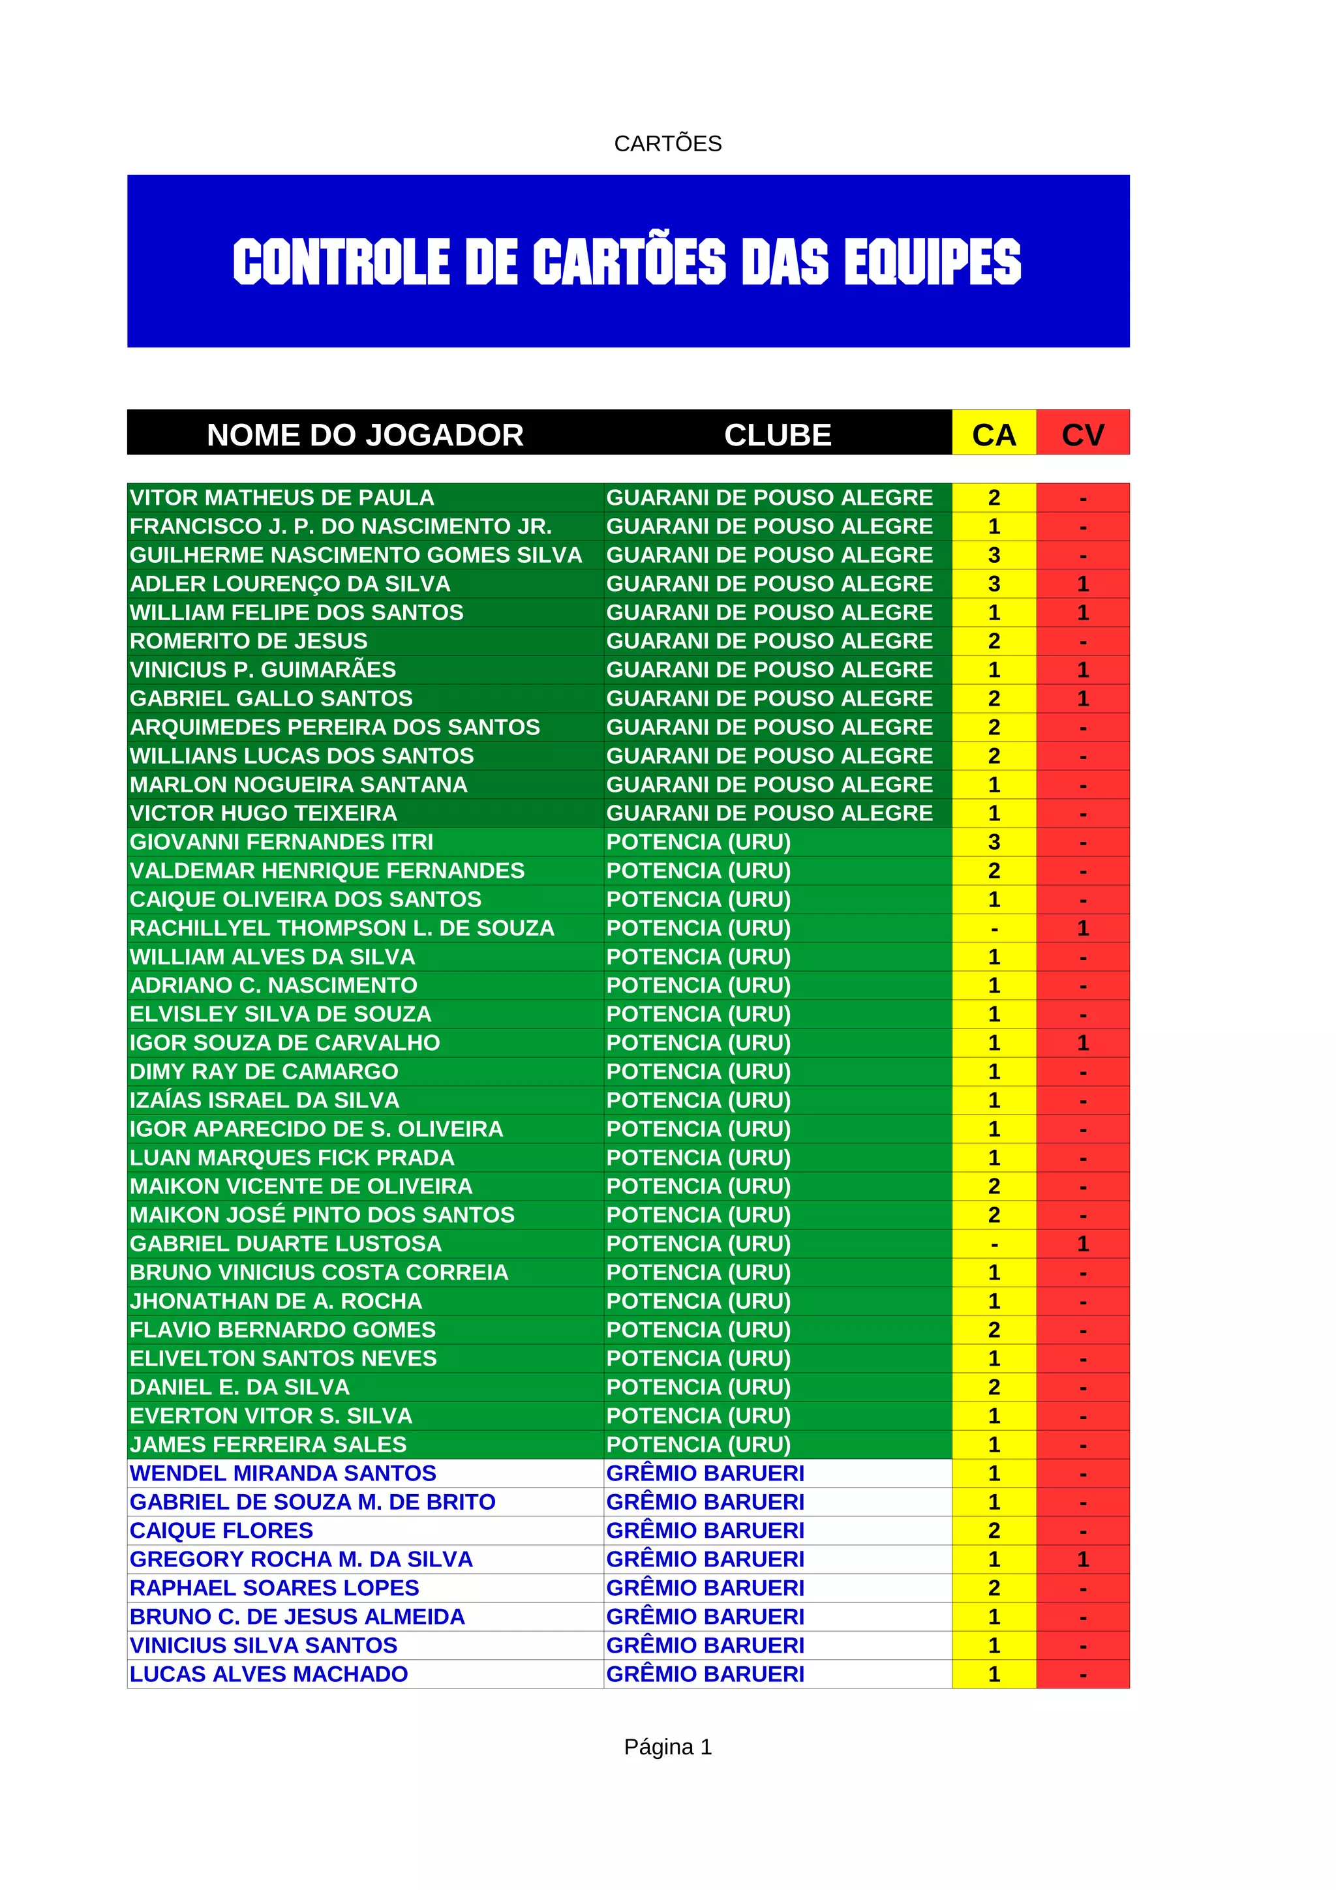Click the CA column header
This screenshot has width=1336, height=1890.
tap(994, 434)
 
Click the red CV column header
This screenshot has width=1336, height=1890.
tap(1082, 434)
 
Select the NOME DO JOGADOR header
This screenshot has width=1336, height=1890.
tap(365, 434)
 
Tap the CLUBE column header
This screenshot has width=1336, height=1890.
tap(777, 434)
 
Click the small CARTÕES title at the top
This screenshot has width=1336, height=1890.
tap(667, 144)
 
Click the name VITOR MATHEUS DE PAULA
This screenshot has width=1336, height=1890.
tap(282, 498)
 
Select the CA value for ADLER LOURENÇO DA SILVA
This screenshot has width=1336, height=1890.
tap(994, 584)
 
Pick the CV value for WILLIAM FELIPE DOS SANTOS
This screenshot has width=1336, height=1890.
tap(1082, 613)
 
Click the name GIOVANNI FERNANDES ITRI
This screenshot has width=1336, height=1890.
tap(282, 842)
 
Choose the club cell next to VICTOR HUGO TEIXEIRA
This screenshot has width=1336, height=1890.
tap(769, 813)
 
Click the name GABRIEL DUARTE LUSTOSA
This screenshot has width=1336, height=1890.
tap(286, 1244)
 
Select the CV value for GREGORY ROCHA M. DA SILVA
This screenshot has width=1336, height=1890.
tap(1082, 1560)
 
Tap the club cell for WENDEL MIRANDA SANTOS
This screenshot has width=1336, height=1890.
tap(705, 1473)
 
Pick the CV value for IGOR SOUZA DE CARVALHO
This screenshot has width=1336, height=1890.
tap(1082, 1043)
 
